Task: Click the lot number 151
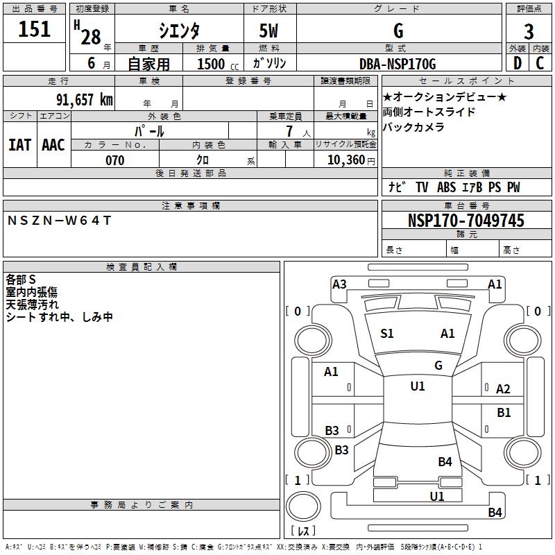(34, 28)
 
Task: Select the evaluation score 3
(529, 31)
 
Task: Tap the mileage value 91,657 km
(85, 99)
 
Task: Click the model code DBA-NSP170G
(398, 64)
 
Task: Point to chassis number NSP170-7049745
(466, 220)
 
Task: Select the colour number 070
(115, 160)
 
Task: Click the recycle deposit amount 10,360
(345, 160)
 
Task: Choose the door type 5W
(268, 31)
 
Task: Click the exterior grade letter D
(517, 63)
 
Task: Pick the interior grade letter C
(540, 63)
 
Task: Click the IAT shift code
(20, 145)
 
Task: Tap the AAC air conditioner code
(53, 145)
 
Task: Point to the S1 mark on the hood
(387, 334)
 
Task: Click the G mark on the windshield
(438, 365)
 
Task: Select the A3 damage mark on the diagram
(339, 284)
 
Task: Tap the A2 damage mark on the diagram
(503, 389)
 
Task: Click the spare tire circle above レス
(303, 506)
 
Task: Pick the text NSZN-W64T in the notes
(60, 221)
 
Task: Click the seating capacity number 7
(289, 131)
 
